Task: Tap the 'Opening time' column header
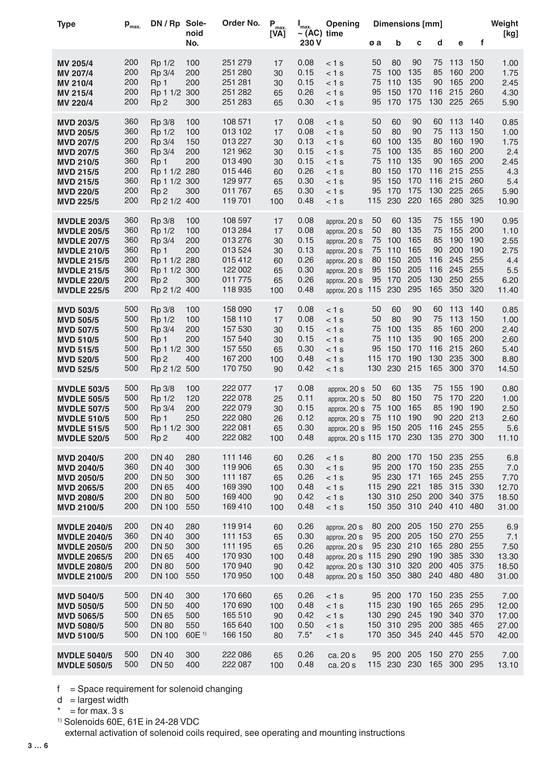[342, 29]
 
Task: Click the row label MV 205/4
[75, 63]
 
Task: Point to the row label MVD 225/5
[78, 202]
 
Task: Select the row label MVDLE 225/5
[83, 290]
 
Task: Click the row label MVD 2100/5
[81, 507]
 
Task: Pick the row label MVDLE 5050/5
[85, 665]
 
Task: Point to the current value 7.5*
[305, 635]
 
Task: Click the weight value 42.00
[508, 635]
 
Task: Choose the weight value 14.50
[508, 369]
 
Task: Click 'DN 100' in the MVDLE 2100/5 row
[164, 576]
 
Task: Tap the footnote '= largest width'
[99, 700]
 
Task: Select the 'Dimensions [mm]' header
[408, 24]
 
